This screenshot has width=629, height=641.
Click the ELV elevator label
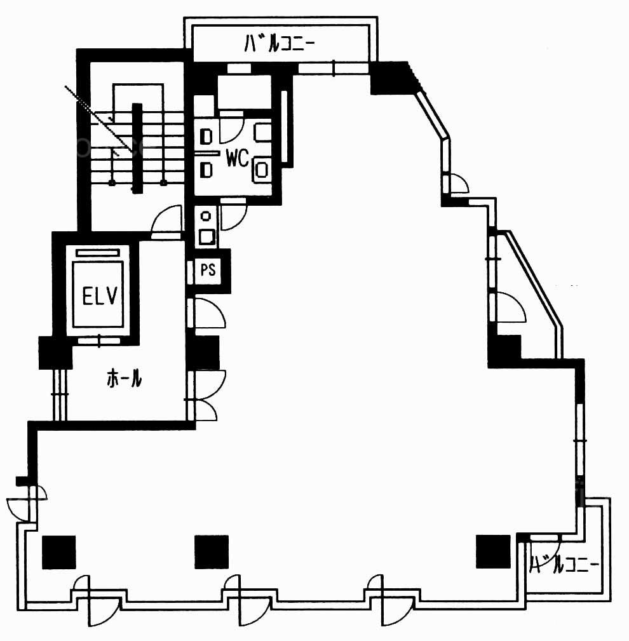pos(100,295)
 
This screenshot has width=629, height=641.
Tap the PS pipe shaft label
pos(208,269)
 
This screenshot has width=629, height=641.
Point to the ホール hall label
pos(125,378)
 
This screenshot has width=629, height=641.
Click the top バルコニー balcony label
pos(280,43)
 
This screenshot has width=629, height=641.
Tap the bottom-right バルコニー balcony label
pos(564,565)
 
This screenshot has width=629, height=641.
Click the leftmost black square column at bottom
pos(59,552)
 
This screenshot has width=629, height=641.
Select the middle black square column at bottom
pos(212,552)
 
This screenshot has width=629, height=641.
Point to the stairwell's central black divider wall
pos(137,148)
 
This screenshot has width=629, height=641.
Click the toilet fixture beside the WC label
pos(262,168)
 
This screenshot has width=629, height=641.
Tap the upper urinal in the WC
pos(207,137)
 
